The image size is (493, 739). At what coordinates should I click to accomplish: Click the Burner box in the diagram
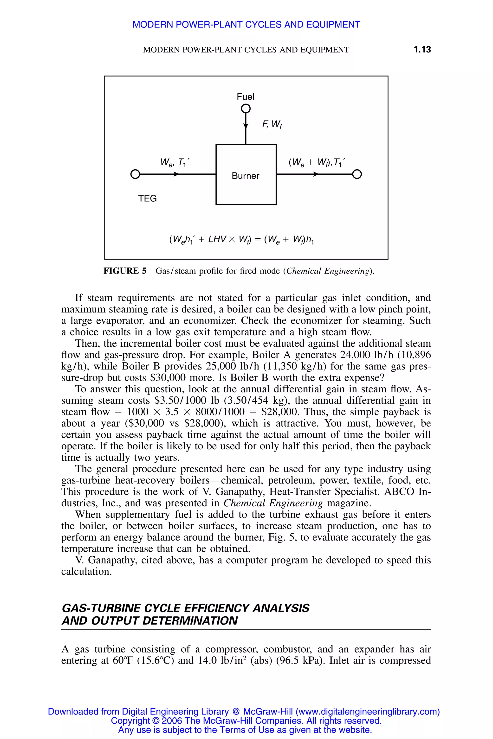pos(246,175)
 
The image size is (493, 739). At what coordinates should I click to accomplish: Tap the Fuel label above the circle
pos(246,97)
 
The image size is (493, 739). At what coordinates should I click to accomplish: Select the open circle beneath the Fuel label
pos(246,109)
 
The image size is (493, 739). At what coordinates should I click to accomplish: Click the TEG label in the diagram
pos(148,198)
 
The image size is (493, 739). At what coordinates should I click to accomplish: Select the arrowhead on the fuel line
pos(246,126)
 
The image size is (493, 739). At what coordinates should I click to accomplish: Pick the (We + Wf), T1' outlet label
pos(317,162)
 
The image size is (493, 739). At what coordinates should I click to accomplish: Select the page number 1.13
pos(422,49)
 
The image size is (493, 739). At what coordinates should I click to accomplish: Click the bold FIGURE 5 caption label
pos(125,271)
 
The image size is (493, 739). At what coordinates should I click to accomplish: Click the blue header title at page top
pos(246,25)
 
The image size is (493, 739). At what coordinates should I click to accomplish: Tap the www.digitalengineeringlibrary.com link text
pos(367,711)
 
